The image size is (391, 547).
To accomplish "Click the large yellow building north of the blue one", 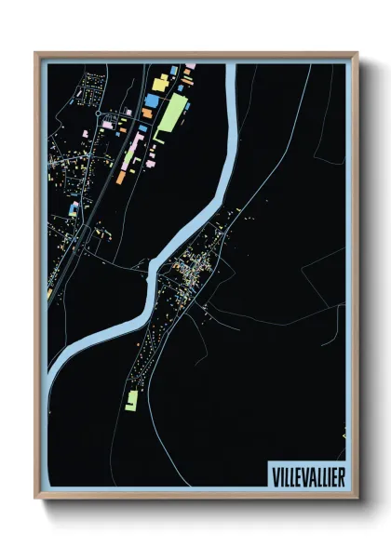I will pos(158,85).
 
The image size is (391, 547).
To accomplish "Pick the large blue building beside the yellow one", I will pos(151,99).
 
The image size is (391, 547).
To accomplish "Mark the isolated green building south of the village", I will pos(132,400).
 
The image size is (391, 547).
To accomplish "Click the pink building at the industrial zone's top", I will pos(189,66).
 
